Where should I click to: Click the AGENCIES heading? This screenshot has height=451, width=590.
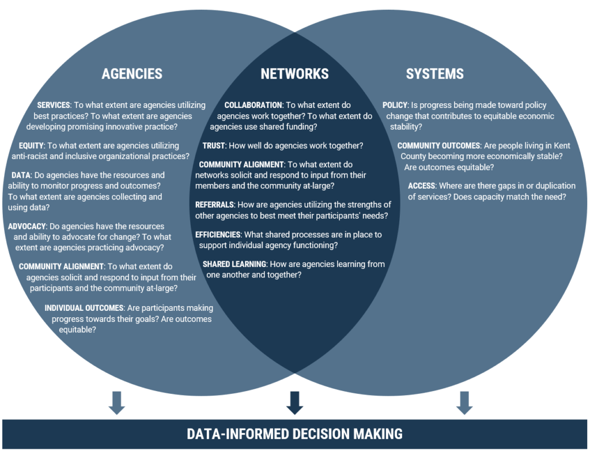pyautogui.click(x=132, y=74)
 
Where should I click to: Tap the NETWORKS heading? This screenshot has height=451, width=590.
pyautogui.click(x=294, y=74)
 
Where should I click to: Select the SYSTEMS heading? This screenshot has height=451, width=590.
pyautogui.click(x=434, y=74)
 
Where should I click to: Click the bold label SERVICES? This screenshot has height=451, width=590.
pyautogui.click(x=53, y=106)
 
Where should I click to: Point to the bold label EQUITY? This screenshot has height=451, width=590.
pyautogui.click(x=31, y=146)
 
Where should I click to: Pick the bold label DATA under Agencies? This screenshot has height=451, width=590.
pyautogui.click(x=21, y=175)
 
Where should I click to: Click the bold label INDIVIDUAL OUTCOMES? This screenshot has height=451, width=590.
pyautogui.click(x=84, y=308)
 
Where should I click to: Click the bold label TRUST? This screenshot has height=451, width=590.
pyautogui.click(x=213, y=146)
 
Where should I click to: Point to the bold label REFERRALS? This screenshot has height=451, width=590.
pyautogui.click(x=214, y=205)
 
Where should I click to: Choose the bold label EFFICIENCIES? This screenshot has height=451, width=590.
pyautogui.click(x=218, y=235)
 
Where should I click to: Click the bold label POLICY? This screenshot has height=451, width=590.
pyautogui.click(x=395, y=106)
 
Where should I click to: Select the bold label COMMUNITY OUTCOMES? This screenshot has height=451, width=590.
pyautogui.click(x=438, y=146)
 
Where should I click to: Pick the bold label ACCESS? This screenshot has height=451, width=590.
pyautogui.click(x=421, y=186)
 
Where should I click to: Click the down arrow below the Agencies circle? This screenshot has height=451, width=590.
pyautogui.click(x=116, y=403)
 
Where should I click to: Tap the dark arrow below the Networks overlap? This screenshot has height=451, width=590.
pyautogui.click(x=294, y=403)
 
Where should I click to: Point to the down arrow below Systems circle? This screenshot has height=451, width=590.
pyautogui.click(x=464, y=403)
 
